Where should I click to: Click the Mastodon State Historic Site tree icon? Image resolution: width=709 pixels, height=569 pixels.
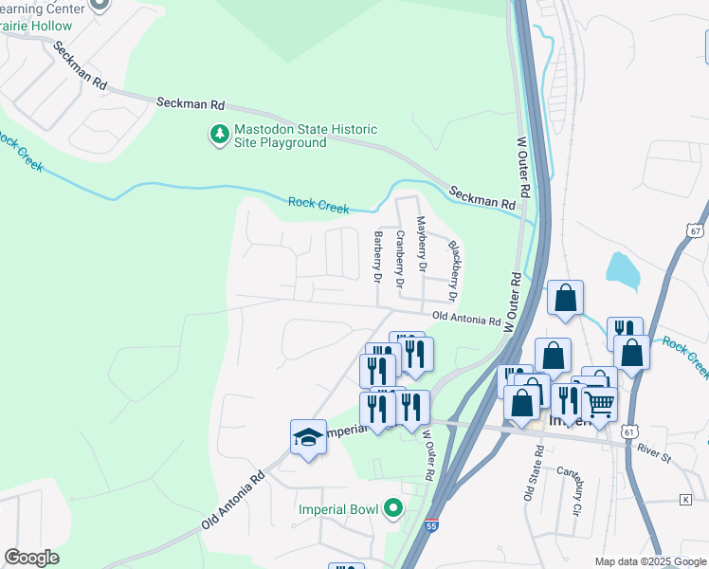click(219, 136)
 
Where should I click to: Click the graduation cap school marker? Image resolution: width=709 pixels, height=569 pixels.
click(308, 437)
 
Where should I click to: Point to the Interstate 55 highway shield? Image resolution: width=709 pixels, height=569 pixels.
click(430, 524)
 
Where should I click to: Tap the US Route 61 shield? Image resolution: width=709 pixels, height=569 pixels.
click(630, 431)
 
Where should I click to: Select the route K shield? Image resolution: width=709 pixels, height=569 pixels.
click(685, 499)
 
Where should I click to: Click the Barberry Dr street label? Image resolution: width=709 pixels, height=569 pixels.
click(377, 258)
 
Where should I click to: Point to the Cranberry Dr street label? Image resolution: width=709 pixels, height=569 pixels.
click(400, 258)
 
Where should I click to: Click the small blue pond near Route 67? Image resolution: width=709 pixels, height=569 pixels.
click(622, 269)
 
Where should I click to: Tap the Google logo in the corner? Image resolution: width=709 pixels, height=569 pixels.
click(31, 558)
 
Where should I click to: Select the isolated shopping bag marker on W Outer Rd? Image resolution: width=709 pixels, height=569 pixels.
click(565, 297)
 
